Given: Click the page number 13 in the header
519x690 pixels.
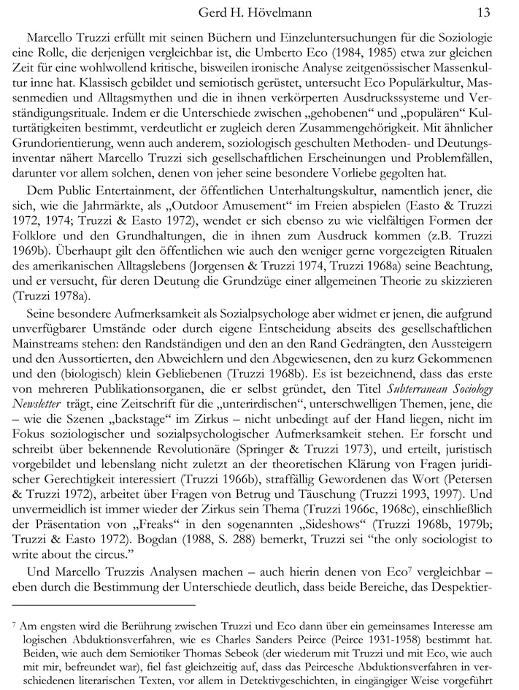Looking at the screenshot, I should tap(483, 12).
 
